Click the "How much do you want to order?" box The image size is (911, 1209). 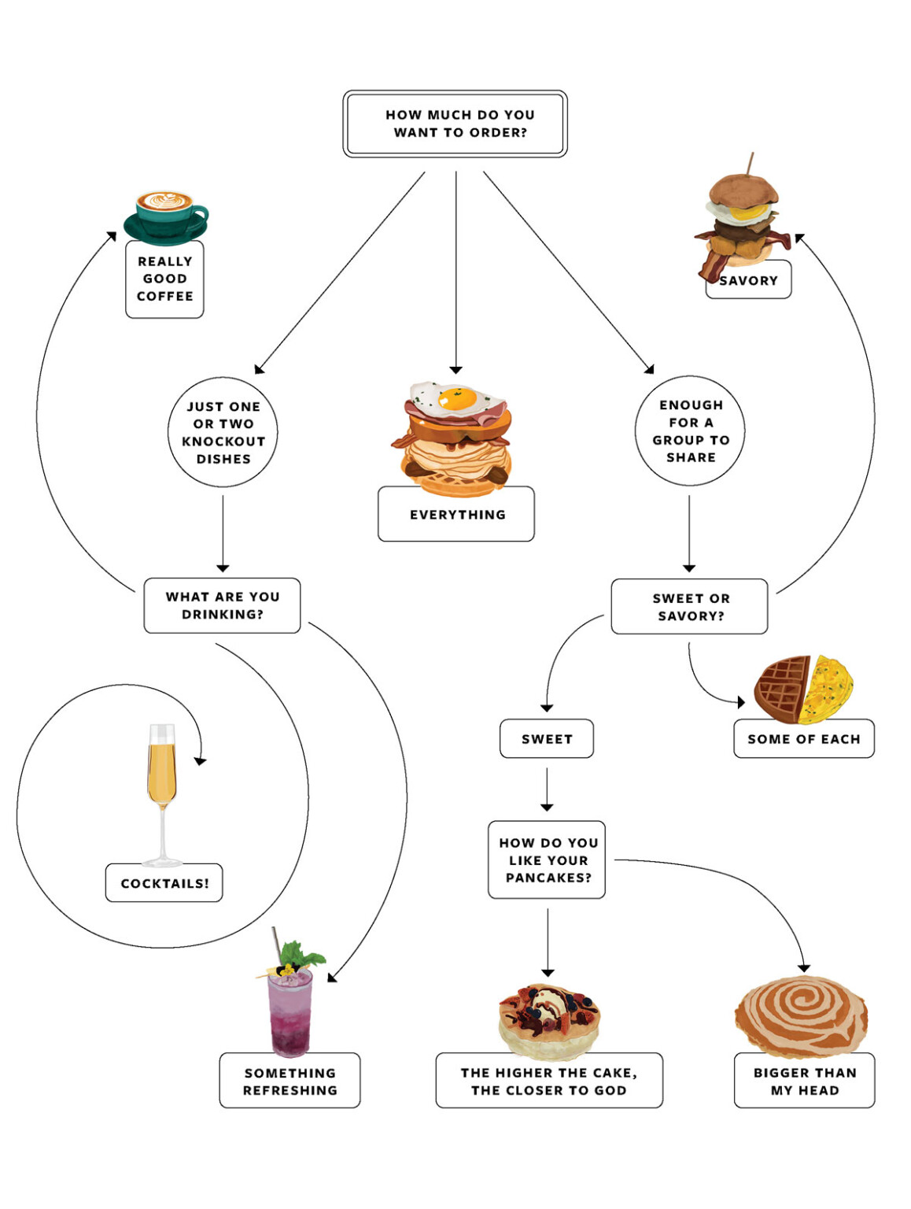455,124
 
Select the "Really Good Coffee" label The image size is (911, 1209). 164,279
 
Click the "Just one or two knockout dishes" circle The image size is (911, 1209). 223,432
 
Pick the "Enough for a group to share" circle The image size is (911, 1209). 690,431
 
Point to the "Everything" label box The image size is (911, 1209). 456,515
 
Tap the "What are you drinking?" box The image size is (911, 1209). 222,605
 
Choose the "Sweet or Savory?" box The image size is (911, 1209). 689,607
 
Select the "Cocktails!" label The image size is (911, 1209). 164,883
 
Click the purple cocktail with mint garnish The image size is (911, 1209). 290,1007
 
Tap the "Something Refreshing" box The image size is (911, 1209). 290,1081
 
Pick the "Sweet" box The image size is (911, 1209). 547,739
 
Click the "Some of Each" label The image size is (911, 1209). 803,739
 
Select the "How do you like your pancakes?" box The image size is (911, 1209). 547,860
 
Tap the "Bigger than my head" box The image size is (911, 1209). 804,1081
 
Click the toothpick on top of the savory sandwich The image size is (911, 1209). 751,163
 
